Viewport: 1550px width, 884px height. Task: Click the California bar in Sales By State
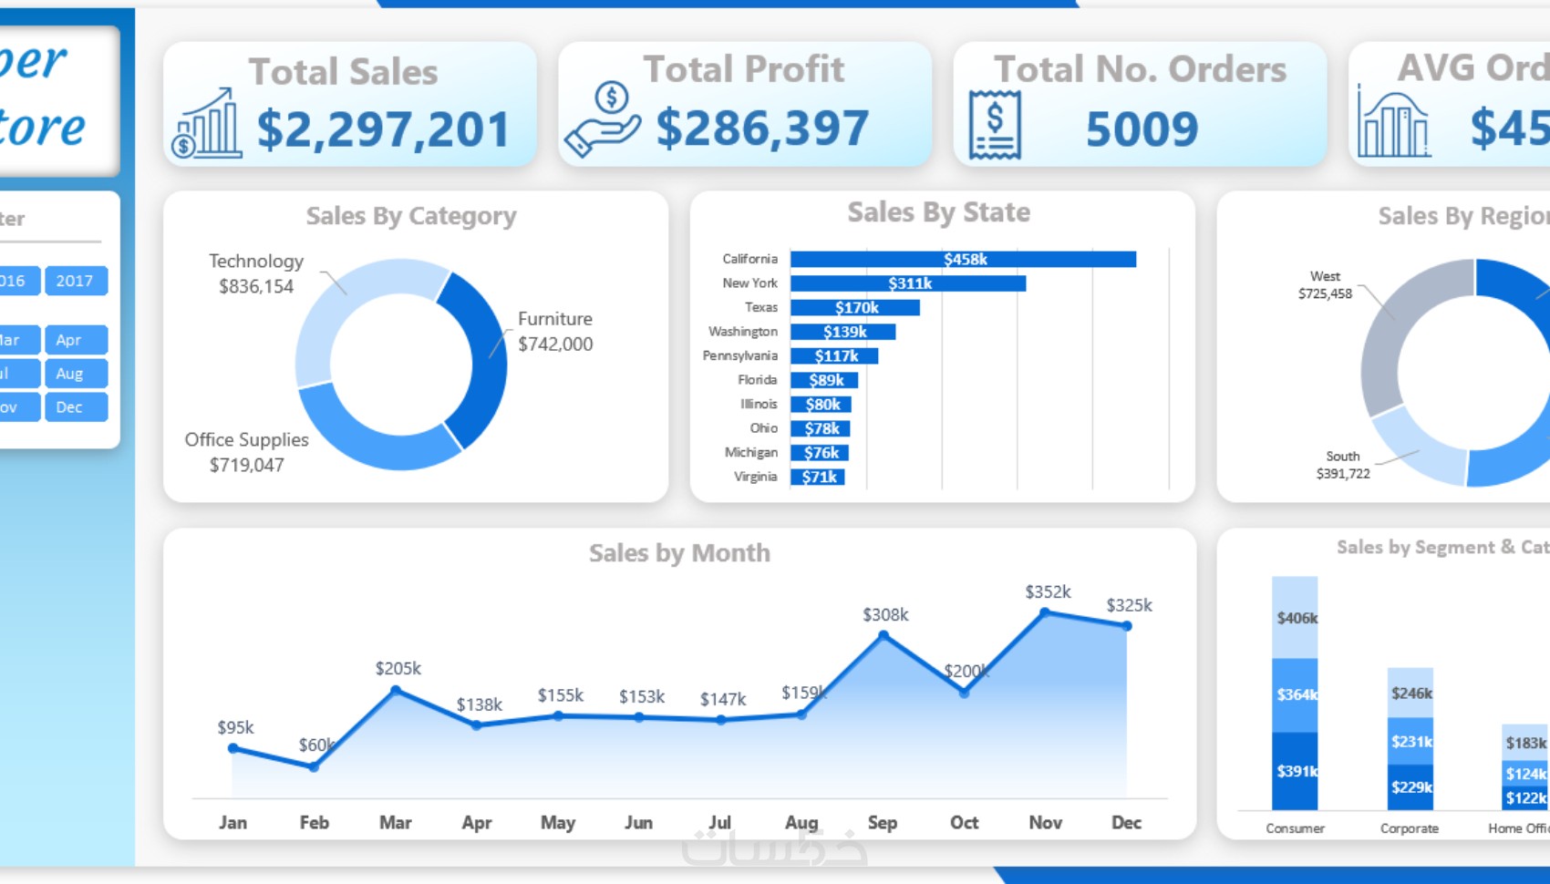[963, 260]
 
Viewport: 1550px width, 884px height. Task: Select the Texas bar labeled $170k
[854, 308]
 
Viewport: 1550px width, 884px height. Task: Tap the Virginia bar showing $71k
[818, 477]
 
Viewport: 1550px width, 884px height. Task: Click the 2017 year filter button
[75, 281]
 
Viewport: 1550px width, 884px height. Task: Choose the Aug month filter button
[75, 374]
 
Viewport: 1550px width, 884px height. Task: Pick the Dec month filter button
[75, 407]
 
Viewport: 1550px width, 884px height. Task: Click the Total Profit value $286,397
[762, 128]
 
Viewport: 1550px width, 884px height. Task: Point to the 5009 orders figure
[1142, 128]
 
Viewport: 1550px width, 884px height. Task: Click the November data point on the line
[1045, 613]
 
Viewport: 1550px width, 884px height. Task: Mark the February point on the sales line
[314, 767]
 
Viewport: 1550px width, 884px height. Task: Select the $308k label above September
[885, 615]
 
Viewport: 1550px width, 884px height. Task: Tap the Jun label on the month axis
[638, 823]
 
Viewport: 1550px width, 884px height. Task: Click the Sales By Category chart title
[411, 216]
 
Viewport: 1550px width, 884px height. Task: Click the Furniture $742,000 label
[555, 332]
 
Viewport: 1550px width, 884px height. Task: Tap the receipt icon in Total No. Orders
[995, 125]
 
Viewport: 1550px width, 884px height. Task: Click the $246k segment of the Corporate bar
[1410, 693]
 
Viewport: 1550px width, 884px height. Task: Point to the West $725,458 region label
[1325, 285]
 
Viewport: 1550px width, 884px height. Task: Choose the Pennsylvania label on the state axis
[739, 356]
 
